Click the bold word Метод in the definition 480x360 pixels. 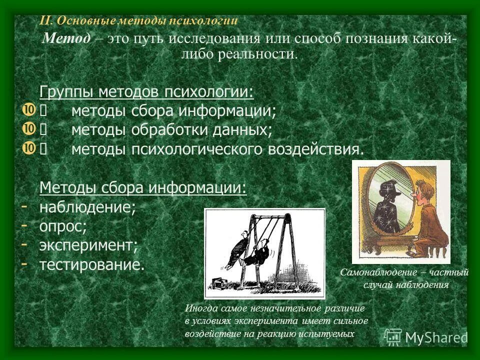point(66,39)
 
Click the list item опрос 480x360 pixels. point(63,226)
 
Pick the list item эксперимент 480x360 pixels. point(88,245)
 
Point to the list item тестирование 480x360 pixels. point(92,264)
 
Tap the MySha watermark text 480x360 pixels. point(435,337)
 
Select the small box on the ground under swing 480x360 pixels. point(218,283)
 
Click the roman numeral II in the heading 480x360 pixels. point(46,21)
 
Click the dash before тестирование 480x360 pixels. point(24,262)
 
